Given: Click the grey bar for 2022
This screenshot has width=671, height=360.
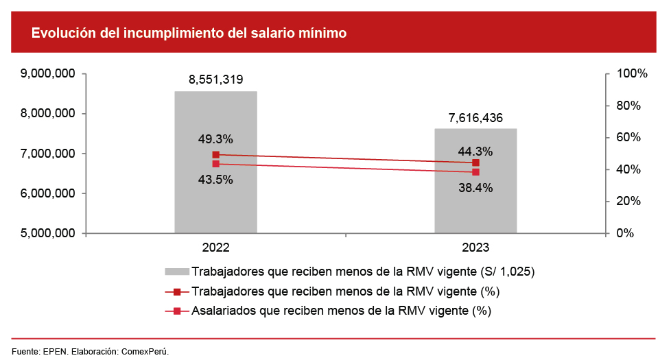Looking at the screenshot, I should pos(215,199).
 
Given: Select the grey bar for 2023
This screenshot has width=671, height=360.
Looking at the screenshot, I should pos(475,206).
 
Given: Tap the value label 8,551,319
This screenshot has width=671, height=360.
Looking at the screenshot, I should pos(215,80).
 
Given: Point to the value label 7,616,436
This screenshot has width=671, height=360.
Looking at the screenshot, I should pos(475,117).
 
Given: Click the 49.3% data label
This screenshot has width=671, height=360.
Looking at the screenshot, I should pos(215,139).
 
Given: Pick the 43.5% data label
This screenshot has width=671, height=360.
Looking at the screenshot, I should pos(215,180).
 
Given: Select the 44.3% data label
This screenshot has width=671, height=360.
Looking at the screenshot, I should pos(475,150).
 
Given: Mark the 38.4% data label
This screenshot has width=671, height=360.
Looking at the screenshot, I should pos(475,187).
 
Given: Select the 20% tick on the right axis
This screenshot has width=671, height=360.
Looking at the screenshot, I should pos(626,202).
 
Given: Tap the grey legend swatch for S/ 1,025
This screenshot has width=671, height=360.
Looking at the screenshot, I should pos(176,271).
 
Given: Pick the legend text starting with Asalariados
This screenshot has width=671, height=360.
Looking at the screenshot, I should pos(342,311).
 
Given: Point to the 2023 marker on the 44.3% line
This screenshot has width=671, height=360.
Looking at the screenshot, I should pos(475,163).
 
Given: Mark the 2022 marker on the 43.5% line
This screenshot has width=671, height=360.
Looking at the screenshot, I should pos(215,164).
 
